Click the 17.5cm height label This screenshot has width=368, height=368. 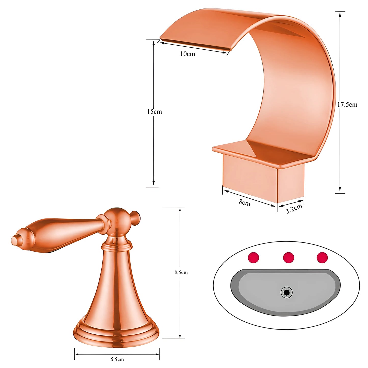click(x=347, y=105)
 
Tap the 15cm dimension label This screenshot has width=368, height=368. click(x=154, y=112)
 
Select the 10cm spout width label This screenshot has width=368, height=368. click(x=188, y=54)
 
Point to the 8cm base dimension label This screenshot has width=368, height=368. click(x=244, y=203)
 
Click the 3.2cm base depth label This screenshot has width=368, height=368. click(x=294, y=209)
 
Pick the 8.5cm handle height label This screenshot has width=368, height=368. click(x=181, y=272)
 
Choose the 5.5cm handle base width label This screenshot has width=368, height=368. click(x=117, y=359)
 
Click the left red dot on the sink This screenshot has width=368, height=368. click(x=253, y=257)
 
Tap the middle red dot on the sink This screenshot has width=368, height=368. click(x=289, y=257)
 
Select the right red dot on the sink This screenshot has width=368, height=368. click(x=322, y=257)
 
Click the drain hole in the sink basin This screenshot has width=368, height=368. click(x=287, y=292)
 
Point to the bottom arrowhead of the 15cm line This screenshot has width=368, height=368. click(x=154, y=183)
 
